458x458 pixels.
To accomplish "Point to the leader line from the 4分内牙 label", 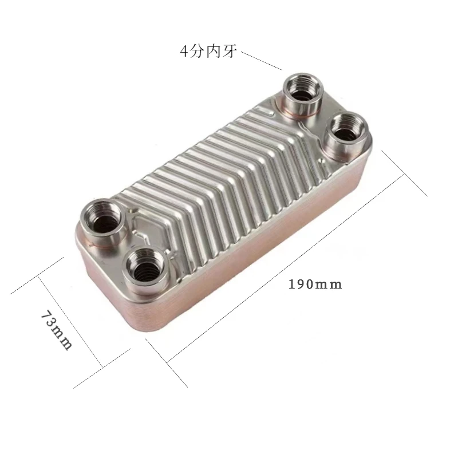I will (x=262, y=61).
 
